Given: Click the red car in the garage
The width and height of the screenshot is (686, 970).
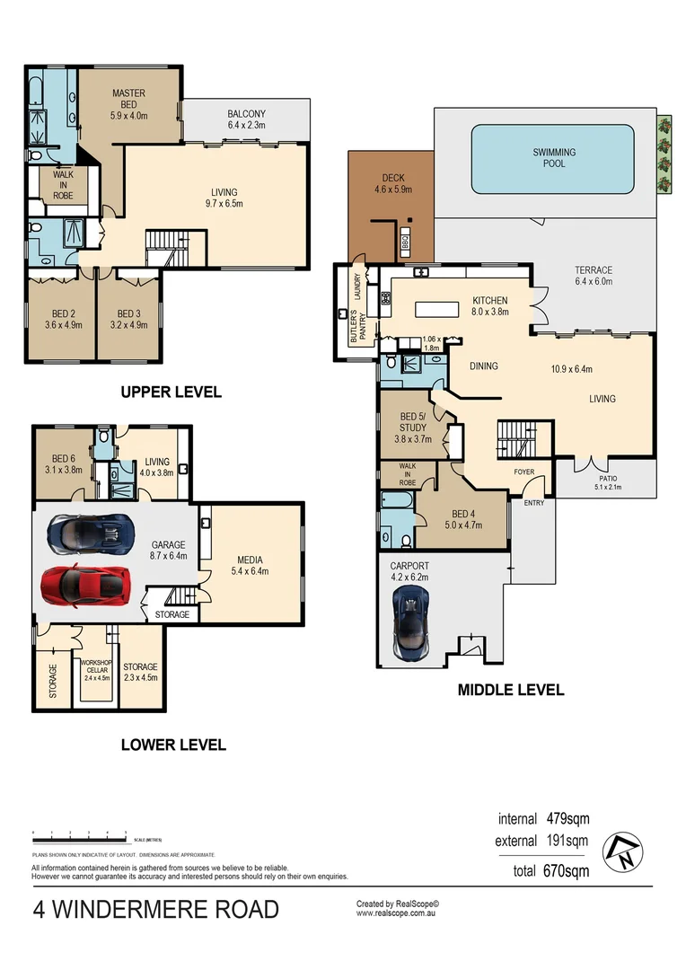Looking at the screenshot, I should click(x=83, y=585).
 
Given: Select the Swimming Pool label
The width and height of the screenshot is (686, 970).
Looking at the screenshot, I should click(x=554, y=158).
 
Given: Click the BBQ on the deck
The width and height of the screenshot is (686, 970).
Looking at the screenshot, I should click(x=405, y=241).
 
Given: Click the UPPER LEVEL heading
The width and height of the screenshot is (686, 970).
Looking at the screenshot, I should click(x=171, y=392).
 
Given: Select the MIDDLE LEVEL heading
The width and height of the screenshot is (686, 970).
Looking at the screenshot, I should click(x=510, y=690).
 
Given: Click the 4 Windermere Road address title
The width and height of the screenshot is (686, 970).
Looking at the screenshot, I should click(x=155, y=910).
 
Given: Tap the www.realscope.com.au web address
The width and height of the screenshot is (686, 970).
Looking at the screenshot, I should click(x=396, y=913).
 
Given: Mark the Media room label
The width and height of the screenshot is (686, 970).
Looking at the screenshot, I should click(x=250, y=564).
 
